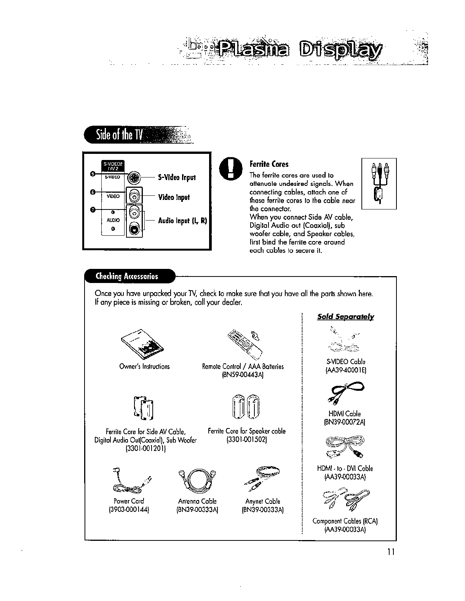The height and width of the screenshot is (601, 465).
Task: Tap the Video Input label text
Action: [x=174, y=197]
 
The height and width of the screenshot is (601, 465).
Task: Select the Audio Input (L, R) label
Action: [x=182, y=221]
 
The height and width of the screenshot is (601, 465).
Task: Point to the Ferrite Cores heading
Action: [x=269, y=164]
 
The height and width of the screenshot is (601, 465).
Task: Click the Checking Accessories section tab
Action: [x=128, y=276]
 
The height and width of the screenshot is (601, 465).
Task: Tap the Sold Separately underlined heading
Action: [x=345, y=316]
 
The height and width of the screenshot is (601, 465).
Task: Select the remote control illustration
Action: [x=244, y=342]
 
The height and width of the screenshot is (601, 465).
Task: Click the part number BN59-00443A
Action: [x=243, y=375]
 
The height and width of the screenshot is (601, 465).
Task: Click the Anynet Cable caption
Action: [x=262, y=501]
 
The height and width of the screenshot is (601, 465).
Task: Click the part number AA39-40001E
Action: [x=345, y=370]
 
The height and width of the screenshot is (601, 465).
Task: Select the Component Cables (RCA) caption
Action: [x=345, y=521]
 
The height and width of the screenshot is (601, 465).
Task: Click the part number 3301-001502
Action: [x=246, y=440]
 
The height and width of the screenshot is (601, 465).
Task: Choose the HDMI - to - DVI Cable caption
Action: [x=345, y=468]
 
